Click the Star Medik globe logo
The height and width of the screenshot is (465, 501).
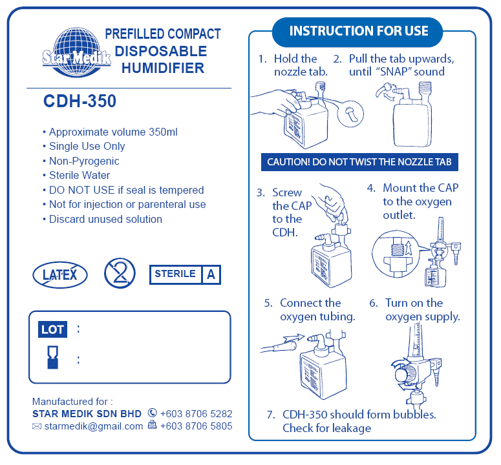tap(77, 53)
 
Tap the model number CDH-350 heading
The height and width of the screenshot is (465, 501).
tap(80, 101)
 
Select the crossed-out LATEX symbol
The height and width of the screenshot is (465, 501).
tap(60, 274)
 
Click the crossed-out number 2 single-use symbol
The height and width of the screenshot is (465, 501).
tap(120, 274)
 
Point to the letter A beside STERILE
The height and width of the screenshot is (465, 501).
tap(211, 274)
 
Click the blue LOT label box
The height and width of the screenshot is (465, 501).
tap(53, 329)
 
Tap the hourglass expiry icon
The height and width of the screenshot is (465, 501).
tap(53, 357)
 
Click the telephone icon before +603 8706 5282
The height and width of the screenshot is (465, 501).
tap(153, 413)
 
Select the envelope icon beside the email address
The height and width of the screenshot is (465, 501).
tap(37, 426)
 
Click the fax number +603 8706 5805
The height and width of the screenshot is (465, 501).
tap(196, 426)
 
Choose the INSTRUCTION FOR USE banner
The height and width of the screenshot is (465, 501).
tap(358, 31)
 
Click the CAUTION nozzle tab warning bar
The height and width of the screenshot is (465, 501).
tap(359, 162)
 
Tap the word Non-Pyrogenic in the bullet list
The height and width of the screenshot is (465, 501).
tap(84, 161)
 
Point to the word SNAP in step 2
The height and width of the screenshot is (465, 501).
tap(394, 72)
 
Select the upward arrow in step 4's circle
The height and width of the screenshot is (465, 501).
tap(409, 248)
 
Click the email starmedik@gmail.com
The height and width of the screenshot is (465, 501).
tap(94, 426)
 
